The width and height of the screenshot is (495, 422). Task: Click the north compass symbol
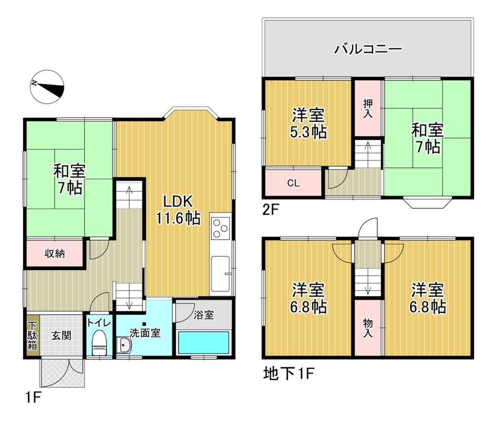click(x=47, y=87)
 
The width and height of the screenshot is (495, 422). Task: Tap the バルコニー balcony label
click(x=368, y=49)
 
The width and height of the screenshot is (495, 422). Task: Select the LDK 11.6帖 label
click(x=178, y=209)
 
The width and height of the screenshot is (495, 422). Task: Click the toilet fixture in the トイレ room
click(x=99, y=342)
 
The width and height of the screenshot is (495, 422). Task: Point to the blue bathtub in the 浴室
click(x=203, y=342)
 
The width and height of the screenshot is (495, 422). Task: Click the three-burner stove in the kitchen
click(x=220, y=227)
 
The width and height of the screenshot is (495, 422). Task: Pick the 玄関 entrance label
click(x=61, y=336)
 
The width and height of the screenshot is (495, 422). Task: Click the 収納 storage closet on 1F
click(x=54, y=253)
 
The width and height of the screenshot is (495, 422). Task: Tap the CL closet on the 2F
click(x=294, y=183)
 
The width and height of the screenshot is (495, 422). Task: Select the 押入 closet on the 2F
click(x=368, y=108)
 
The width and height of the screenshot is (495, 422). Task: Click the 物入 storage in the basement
click(x=368, y=328)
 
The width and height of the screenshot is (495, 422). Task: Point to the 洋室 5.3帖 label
click(x=308, y=123)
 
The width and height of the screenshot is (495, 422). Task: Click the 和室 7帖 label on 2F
click(x=428, y=138)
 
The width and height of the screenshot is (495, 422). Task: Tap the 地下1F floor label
click(x=289, y=374)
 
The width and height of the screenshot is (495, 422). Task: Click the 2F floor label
click(x=271, y=210)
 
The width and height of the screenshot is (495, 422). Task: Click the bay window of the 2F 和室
click(x=428, y=203)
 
